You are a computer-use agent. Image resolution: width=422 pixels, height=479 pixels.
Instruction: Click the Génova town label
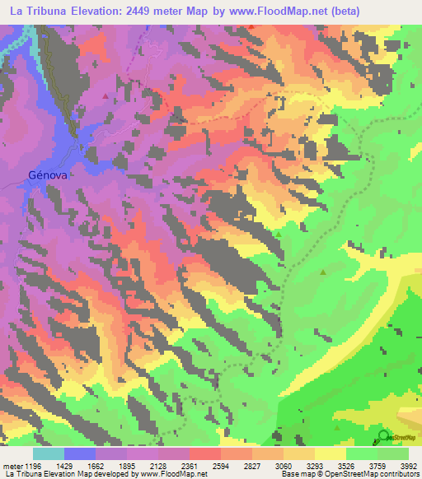pyautogui.click(x=47, y=174)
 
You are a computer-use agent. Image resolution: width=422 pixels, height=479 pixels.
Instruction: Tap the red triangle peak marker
pyautogui.click(x=105, y=95)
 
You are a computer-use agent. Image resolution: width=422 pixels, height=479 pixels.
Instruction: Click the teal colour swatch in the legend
pyautogui.click(x=49, y=453)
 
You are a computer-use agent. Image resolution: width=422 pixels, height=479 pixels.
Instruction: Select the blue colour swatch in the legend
pyautogui.click(x=80, y=453)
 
